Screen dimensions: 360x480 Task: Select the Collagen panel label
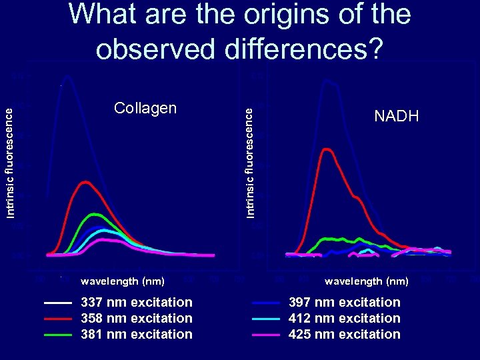click(x=145, y=108)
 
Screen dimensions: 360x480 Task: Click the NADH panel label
click(x=397, y=117)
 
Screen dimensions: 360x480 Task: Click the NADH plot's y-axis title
click(x=249, y=163)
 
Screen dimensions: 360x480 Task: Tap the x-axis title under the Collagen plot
click(x=123, y=281)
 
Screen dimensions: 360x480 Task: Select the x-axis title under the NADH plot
click(x=367, y=281)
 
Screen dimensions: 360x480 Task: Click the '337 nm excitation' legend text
click(x=136, y=303)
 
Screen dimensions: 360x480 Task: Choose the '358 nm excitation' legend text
click(x=136, y=319)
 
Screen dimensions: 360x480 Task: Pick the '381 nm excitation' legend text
click(x=136, y=334)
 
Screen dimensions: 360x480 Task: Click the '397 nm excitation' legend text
click(x=344, y=303)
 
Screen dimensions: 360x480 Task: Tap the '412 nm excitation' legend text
click(x=344, y=319)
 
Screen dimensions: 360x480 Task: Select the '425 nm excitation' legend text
click(x=344, y=334)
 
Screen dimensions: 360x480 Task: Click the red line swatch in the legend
click(x=57, y=319)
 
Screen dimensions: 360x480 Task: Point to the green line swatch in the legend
click(x=57, y=334)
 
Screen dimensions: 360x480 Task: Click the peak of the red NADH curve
click(x=327, y=149)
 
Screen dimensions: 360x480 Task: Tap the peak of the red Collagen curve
click(x=85, y=181)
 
